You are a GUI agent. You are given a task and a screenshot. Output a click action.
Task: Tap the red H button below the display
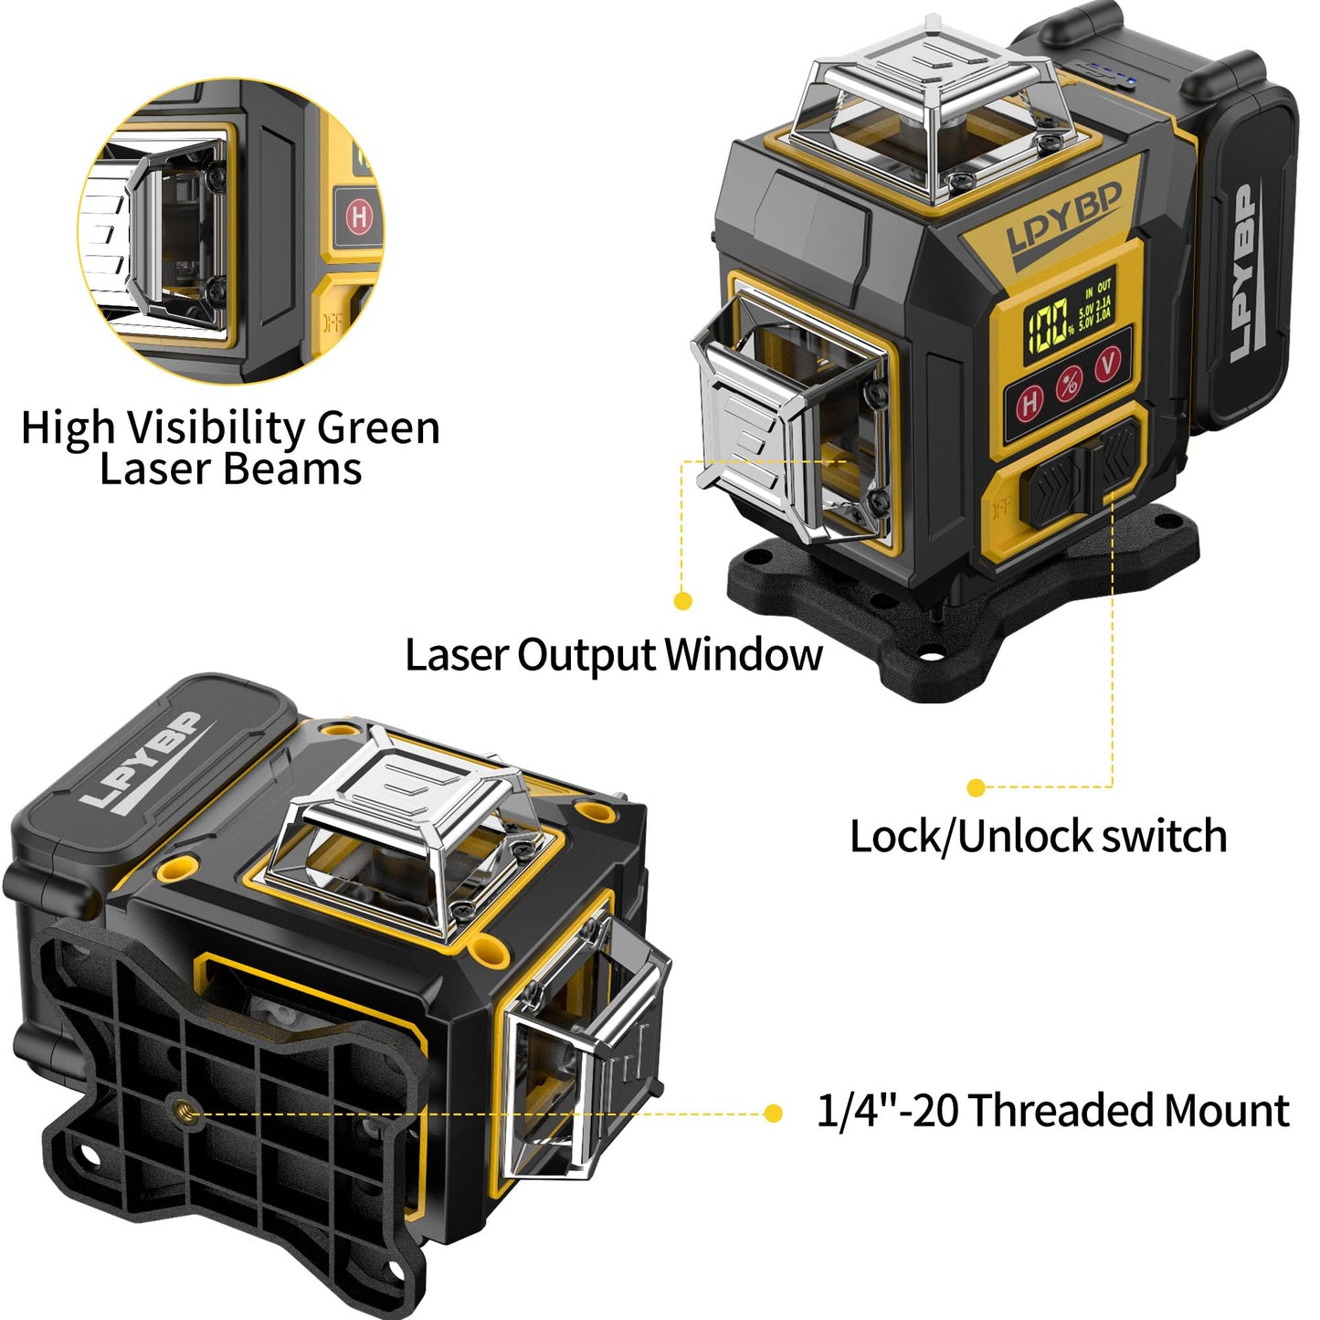click(x=1030, y=402)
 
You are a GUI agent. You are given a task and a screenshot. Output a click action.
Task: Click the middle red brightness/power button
click(x=1070, y=384)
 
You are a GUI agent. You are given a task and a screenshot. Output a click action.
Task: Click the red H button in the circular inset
click(x=358, y=216)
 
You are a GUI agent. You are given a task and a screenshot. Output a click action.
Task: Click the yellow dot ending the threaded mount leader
click(x=773, y=1113)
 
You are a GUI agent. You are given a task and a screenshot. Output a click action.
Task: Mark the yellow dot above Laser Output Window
click(x=682, y=600)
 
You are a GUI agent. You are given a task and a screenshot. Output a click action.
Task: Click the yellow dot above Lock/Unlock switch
click(x=976, y=787)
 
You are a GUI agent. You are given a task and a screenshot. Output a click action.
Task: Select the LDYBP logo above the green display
click(x=1063, y=225)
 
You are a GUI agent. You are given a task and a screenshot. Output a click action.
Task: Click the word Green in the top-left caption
click(x=378, y=428)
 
